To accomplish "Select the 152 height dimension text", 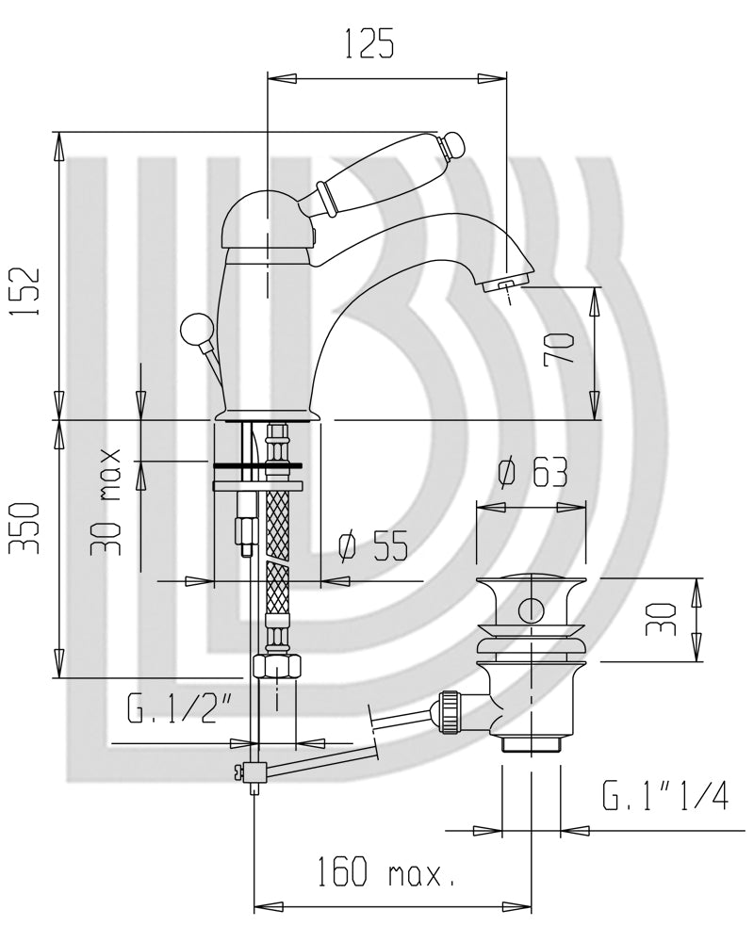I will click(x=29, y=290).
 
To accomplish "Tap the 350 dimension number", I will click(x=27, y=528).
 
